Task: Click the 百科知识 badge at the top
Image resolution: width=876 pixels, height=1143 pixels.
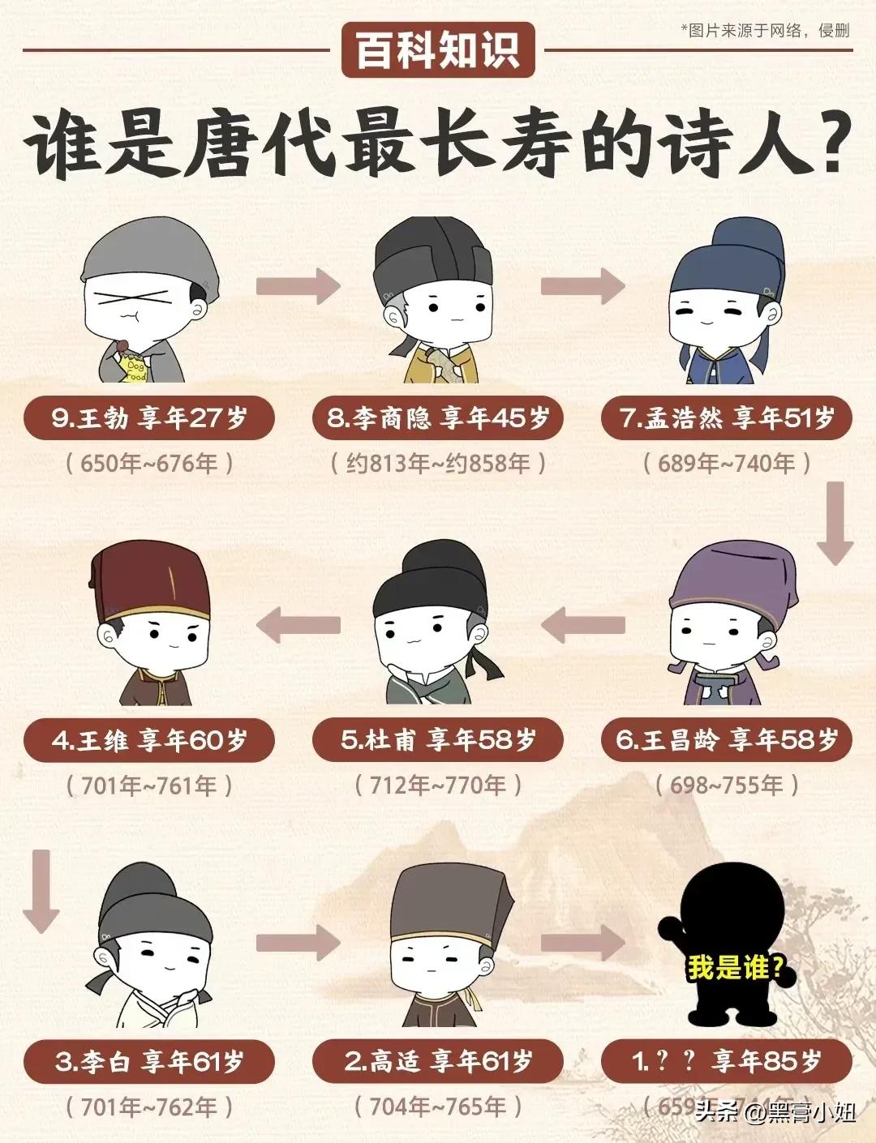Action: pos(437,49)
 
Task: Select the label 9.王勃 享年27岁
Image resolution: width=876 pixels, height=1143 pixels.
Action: pos(149,418)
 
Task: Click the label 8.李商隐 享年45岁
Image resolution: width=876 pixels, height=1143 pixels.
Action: pos(438,418)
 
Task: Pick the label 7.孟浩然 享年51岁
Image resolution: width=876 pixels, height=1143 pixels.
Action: pos(727,418)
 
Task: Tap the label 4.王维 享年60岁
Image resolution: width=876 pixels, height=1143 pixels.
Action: pos(149,740)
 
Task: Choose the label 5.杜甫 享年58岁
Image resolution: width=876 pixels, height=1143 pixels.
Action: pos(438,740)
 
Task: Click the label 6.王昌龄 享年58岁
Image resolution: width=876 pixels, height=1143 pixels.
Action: pos(727,740)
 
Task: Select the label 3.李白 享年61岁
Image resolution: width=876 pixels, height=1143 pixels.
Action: pos(149,1061)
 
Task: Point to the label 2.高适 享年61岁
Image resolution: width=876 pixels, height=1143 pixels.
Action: pos(438,1061)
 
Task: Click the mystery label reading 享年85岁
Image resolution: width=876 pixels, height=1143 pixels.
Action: pos(727,1061)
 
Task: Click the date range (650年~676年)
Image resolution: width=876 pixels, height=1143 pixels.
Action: pos(149,464)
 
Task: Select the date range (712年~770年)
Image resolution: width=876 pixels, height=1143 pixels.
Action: pos(438,785)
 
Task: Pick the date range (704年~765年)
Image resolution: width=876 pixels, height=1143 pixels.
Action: pos(438,1107)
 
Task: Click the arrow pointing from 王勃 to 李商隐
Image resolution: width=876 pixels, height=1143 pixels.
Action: pos(298,285)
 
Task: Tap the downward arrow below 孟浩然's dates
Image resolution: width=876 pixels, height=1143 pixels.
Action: pos(835,524)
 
